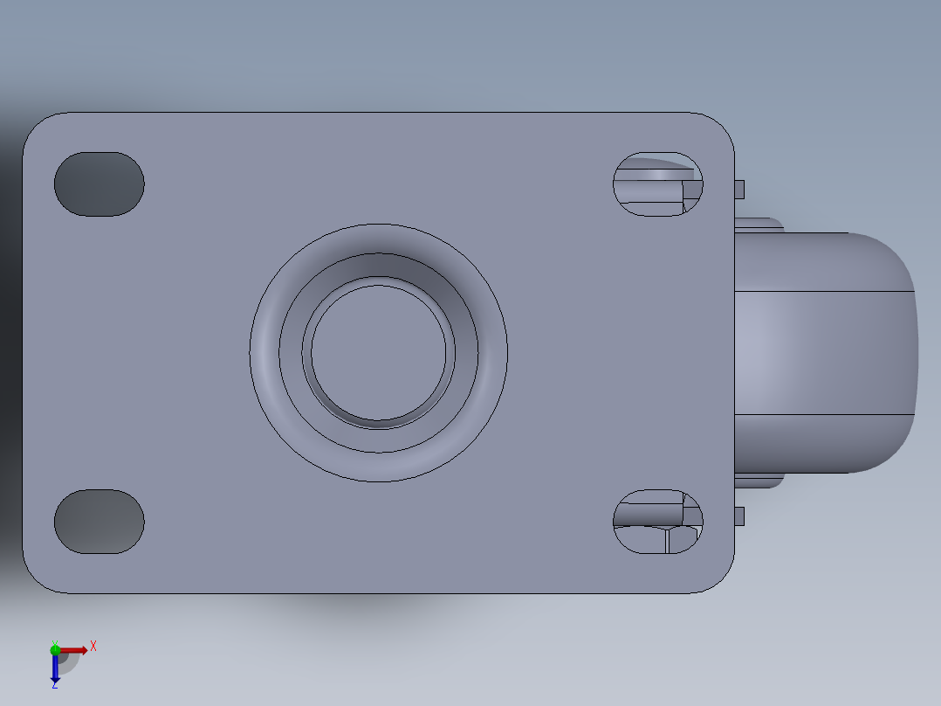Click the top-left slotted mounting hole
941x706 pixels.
pyautogui.click(x=99, y=184)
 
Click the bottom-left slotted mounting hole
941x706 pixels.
pyautogui.click(x=99, y=522)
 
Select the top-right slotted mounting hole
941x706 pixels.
pyautogui.click(x=657, y=184)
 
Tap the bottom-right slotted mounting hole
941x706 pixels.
pyautogui.click(x=657, y=522)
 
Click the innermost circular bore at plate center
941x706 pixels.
pyautogui.click(x=378, y=353)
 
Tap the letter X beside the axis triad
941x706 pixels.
pyautogui.click(x=93, y=646)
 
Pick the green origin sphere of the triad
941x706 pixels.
pyautogui.click(x=55, y=649)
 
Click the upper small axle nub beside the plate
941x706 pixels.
pyautogui.click(x=739, y=189)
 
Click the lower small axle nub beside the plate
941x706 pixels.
pyautogui.click(x=739, y=516)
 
